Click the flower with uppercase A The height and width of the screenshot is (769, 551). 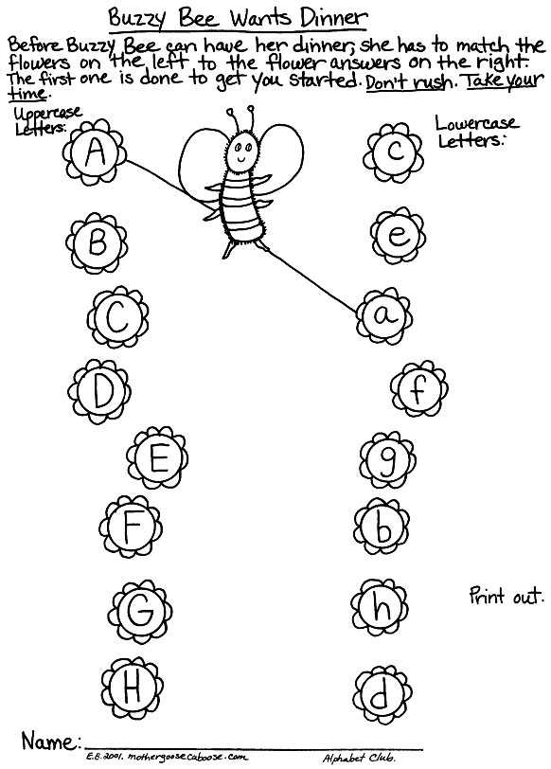[x=95, y=152]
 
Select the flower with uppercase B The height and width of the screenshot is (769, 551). [x=98, y=243]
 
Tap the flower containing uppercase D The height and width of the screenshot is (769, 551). [x=100, y=391]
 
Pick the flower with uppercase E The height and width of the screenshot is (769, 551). [x=157, y=458]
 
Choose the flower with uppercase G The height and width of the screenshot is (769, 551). [x=140, y=612]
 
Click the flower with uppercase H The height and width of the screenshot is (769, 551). [x=133, y=688]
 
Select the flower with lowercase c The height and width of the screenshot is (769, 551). [x=393, y=152]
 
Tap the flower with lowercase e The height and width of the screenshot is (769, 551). [x=398, y=236]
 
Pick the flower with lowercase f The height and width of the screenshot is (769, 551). [x=419, y=389]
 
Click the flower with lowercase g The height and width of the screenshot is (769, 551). [x=387, y=460]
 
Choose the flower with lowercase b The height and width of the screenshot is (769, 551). [x=382, y=528]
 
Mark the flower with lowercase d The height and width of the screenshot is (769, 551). [x=382, y=694]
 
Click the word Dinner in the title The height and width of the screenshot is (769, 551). [x=333, y=19]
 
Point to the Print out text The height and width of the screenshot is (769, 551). [x=507, y=596]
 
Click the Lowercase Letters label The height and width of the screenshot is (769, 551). [x=475, y=132]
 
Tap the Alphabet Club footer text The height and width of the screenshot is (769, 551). [x=359, y=759]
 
